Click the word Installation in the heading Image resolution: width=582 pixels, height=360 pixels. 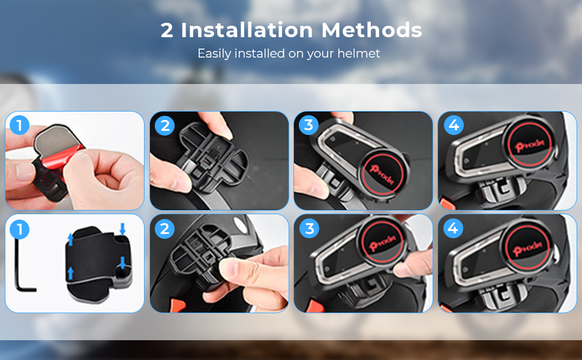[x=247, y=30]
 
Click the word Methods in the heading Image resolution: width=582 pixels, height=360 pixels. [x=371, y=30]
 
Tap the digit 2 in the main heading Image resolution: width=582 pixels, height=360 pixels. [x=167, y=31]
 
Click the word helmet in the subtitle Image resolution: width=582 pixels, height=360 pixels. [x=359, y=53]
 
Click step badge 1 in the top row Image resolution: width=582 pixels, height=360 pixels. [x=19, y=125]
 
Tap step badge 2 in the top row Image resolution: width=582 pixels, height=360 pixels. [x=165, y=125]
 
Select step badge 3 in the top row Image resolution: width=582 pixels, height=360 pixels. [x=308, y=125]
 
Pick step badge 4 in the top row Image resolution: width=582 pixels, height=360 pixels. [x=454, y=125]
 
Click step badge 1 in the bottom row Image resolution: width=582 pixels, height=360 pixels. [x=19, y=229]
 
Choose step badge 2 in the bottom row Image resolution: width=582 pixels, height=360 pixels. [x=165, y=229]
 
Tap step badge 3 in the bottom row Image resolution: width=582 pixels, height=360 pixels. [x=309, y=229]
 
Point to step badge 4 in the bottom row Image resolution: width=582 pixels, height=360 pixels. [x=453, y=228]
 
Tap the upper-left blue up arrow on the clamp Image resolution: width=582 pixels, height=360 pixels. [x=70, y=239]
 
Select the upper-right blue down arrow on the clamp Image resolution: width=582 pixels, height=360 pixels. [x=122, y=229]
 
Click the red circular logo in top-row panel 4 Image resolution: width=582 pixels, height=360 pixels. [x=530, y=143]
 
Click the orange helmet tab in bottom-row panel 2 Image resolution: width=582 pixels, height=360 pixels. [x=178, y=305]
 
